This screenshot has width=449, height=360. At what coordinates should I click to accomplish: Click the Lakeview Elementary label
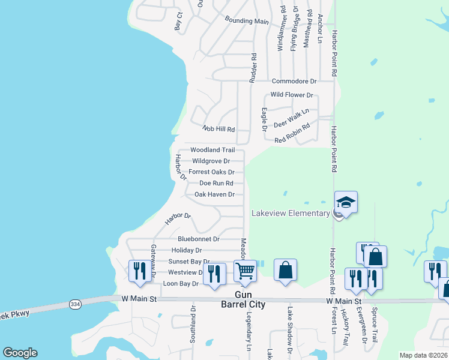(291, 213)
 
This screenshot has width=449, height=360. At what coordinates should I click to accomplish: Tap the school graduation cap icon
(346, 202)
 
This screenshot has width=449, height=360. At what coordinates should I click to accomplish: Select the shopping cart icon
(245, 271)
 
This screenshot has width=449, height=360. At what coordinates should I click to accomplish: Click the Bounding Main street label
(247, 21)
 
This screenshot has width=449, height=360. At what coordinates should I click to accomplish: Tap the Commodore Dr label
(294, 81)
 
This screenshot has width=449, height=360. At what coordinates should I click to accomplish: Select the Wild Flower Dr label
(292, 95)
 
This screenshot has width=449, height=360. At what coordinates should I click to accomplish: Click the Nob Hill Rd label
(218, 129)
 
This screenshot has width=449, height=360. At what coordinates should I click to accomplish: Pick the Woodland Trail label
(212, 150)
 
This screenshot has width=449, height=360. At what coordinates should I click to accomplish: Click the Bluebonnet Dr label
(199, 239)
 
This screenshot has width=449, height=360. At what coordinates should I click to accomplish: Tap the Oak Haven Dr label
(214, 194)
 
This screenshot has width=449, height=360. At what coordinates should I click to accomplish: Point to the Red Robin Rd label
(292, 133)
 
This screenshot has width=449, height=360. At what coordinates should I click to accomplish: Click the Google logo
(20, 353)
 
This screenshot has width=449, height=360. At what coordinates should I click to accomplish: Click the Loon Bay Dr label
(181, 283)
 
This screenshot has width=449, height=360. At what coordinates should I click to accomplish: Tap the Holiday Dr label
(186, 250)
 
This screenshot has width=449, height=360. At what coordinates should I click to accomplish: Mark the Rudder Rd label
(254, 68)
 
